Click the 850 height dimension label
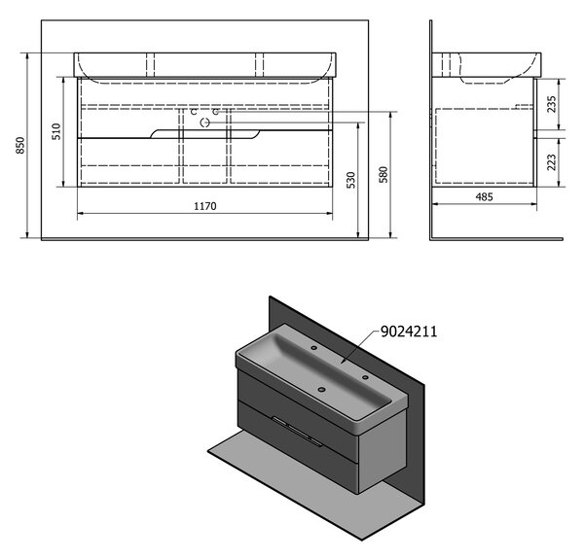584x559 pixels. (20, 146)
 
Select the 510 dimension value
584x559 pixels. (55, 131)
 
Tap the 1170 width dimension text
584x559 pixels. (204, 206)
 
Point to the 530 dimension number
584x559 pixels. (350, 181)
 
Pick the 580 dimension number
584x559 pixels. (383, 175)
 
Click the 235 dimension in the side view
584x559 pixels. (552, 105)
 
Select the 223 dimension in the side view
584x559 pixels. (552, 162)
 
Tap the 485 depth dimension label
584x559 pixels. (484, 196)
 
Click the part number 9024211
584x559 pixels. (409, 331)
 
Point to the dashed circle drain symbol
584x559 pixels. (204, 122)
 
